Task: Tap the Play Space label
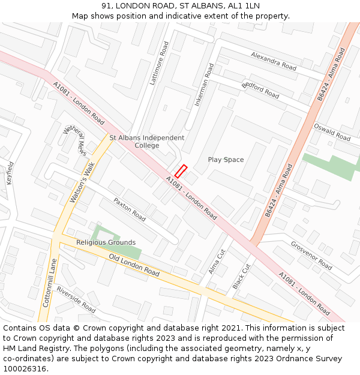click(x=226, y=160)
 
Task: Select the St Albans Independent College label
click(x=147, y=142)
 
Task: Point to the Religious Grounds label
click(x=106, y=242)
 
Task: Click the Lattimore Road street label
click(x=159, y=63)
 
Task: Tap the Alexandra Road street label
click(x=274, y=61)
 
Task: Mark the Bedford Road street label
click(x=260, y=90)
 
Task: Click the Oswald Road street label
click(x=332, y=132)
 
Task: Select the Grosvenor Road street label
click(x=311, y=256)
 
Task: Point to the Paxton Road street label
click(x=130, y=209)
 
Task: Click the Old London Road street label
click(x=134, y=265)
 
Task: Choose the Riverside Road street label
click(x=76, y=299)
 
